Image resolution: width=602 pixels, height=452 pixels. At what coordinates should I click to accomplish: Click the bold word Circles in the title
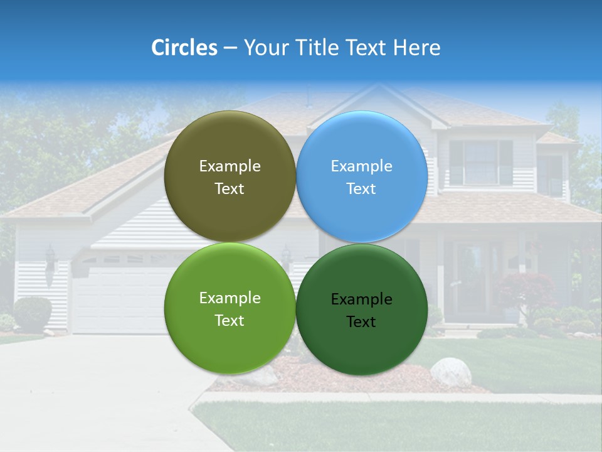(x=184, y=48)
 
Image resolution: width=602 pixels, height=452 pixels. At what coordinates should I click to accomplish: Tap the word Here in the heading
(x=416, y=48)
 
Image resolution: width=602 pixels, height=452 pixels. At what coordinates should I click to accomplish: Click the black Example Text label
(x=362, y=310)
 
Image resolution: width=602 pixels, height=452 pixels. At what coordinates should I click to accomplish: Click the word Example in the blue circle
(x=362, y=166)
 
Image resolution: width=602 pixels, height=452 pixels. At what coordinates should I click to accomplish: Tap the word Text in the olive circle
(x=230, y=189)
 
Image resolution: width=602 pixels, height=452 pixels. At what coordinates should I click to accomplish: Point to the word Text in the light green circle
(x=230, y=321)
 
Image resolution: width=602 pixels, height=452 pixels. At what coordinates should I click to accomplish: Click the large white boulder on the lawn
(x=451, y=372)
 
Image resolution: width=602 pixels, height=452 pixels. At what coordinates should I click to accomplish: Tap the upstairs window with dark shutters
(x=481, y=162)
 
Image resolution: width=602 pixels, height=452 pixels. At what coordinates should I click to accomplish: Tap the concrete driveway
(x=94, y=389)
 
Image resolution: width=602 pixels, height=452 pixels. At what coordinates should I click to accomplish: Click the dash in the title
(x=230, y=48)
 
